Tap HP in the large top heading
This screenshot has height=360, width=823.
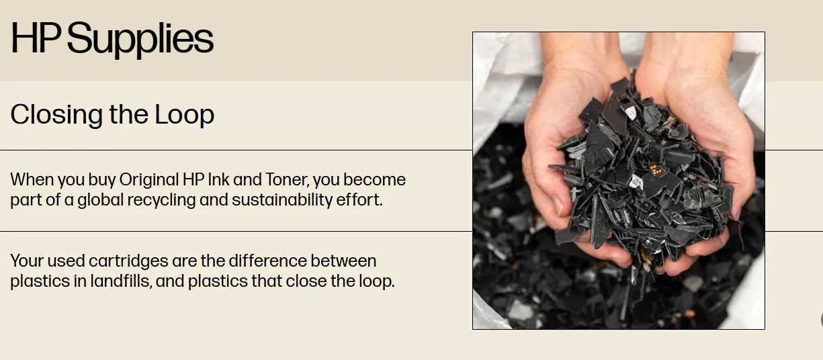[36, 38]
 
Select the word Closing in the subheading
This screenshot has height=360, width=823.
[56, 116]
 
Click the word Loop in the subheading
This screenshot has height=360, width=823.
[185, 116]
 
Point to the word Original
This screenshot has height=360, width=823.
[148, 181]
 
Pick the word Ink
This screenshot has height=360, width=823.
[218, 179]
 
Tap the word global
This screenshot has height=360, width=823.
[100, 200]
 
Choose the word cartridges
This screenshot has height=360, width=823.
[128, 261]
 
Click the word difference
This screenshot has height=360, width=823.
[267, 261]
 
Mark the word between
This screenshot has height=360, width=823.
[343, 261]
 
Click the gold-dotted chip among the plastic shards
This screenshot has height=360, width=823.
[656, 169]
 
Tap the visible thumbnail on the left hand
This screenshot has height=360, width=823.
[558, 206]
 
